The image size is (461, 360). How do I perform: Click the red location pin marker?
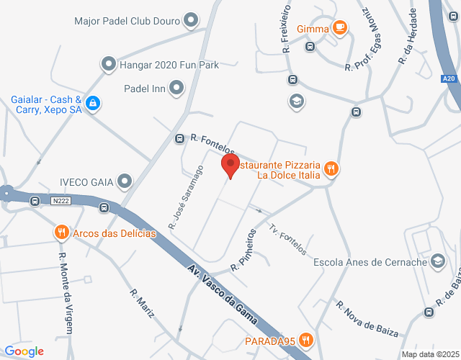pyautogui.click(x=230, y=165)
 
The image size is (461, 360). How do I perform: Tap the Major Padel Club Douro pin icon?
pyautogui.click(x=192, y=20)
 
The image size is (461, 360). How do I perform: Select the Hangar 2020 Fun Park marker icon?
pyautogui.click(x=109, y=65)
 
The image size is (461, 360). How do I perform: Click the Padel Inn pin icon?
pyautogui.click(x=176, y=89)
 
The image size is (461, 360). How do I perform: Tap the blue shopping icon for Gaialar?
pyautogui.click(x=92, y=104)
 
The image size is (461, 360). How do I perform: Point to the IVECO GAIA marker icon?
pyautogui.click(x=125, y=181)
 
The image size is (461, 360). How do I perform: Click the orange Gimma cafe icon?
pyautogui.click(x=340, y=28)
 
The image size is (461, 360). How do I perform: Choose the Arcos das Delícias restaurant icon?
pyautogui.click(x=61, y=233)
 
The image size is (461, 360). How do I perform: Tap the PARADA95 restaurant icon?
pyautogui.click(x=306, y=339)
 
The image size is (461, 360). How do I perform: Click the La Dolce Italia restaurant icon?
pyautogui.click(x=331, y=168)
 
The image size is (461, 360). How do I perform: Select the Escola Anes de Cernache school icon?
pyautogui.click(x=437, y=261)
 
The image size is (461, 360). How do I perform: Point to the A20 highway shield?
pyautogui.click(x=449, y=78)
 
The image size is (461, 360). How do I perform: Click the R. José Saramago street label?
pyautogui.click(x=186, y=197)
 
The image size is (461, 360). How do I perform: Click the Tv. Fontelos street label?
pyautogui.click(x=288, y=238)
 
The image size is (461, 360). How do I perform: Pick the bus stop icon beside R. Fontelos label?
pyautogui.click(x=180, y=138)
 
